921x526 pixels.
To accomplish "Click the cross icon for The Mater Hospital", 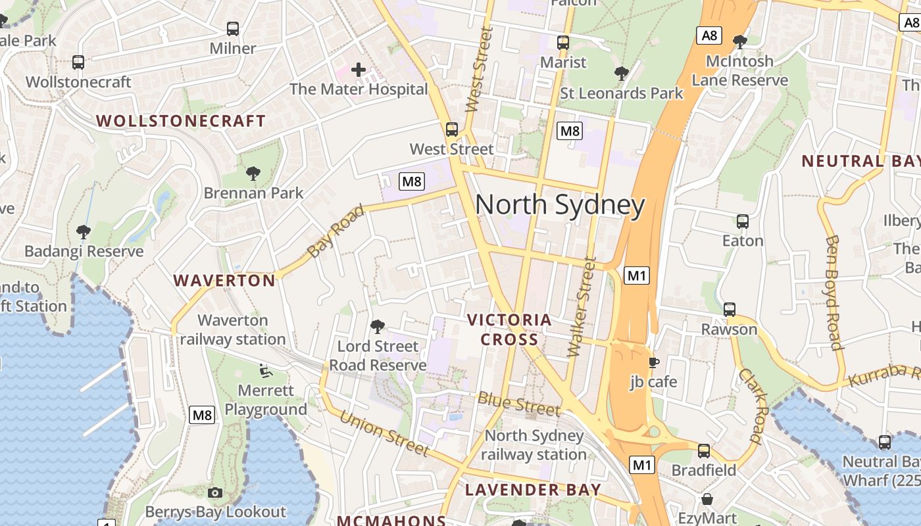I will (x=359, y=69).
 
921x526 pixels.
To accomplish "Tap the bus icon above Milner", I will (x=233, y=29).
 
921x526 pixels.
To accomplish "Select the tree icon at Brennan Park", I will (x=253, y=174).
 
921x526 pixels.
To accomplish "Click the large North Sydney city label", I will (x=560, y=205).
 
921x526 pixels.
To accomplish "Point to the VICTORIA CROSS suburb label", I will (x=509, y=329).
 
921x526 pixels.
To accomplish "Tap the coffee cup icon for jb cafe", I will (x=653, y=362).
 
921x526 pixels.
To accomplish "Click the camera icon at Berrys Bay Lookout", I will (x=215, y=492).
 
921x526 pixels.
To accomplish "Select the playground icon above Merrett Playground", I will (x=266, y=371).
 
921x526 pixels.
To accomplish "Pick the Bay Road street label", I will (x=336, y=231).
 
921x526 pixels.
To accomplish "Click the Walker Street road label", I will (x=582, y=306).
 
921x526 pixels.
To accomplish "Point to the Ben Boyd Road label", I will (x=833, y=293).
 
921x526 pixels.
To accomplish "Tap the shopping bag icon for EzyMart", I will (x=707, y=499).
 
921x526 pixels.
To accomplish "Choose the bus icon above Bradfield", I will (x=704, y=451).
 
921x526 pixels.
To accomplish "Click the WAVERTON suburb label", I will (x=224, y=281).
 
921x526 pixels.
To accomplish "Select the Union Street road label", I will (x=384, y=433).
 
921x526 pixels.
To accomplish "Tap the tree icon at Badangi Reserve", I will (x=84, y=231).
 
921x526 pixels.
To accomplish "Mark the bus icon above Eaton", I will (x=743, y=222).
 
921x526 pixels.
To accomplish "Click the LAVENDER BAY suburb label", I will (x=533, y=489).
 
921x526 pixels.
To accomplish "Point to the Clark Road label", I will (x=754, y=406).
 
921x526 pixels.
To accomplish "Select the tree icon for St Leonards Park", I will (x=621, y=74).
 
